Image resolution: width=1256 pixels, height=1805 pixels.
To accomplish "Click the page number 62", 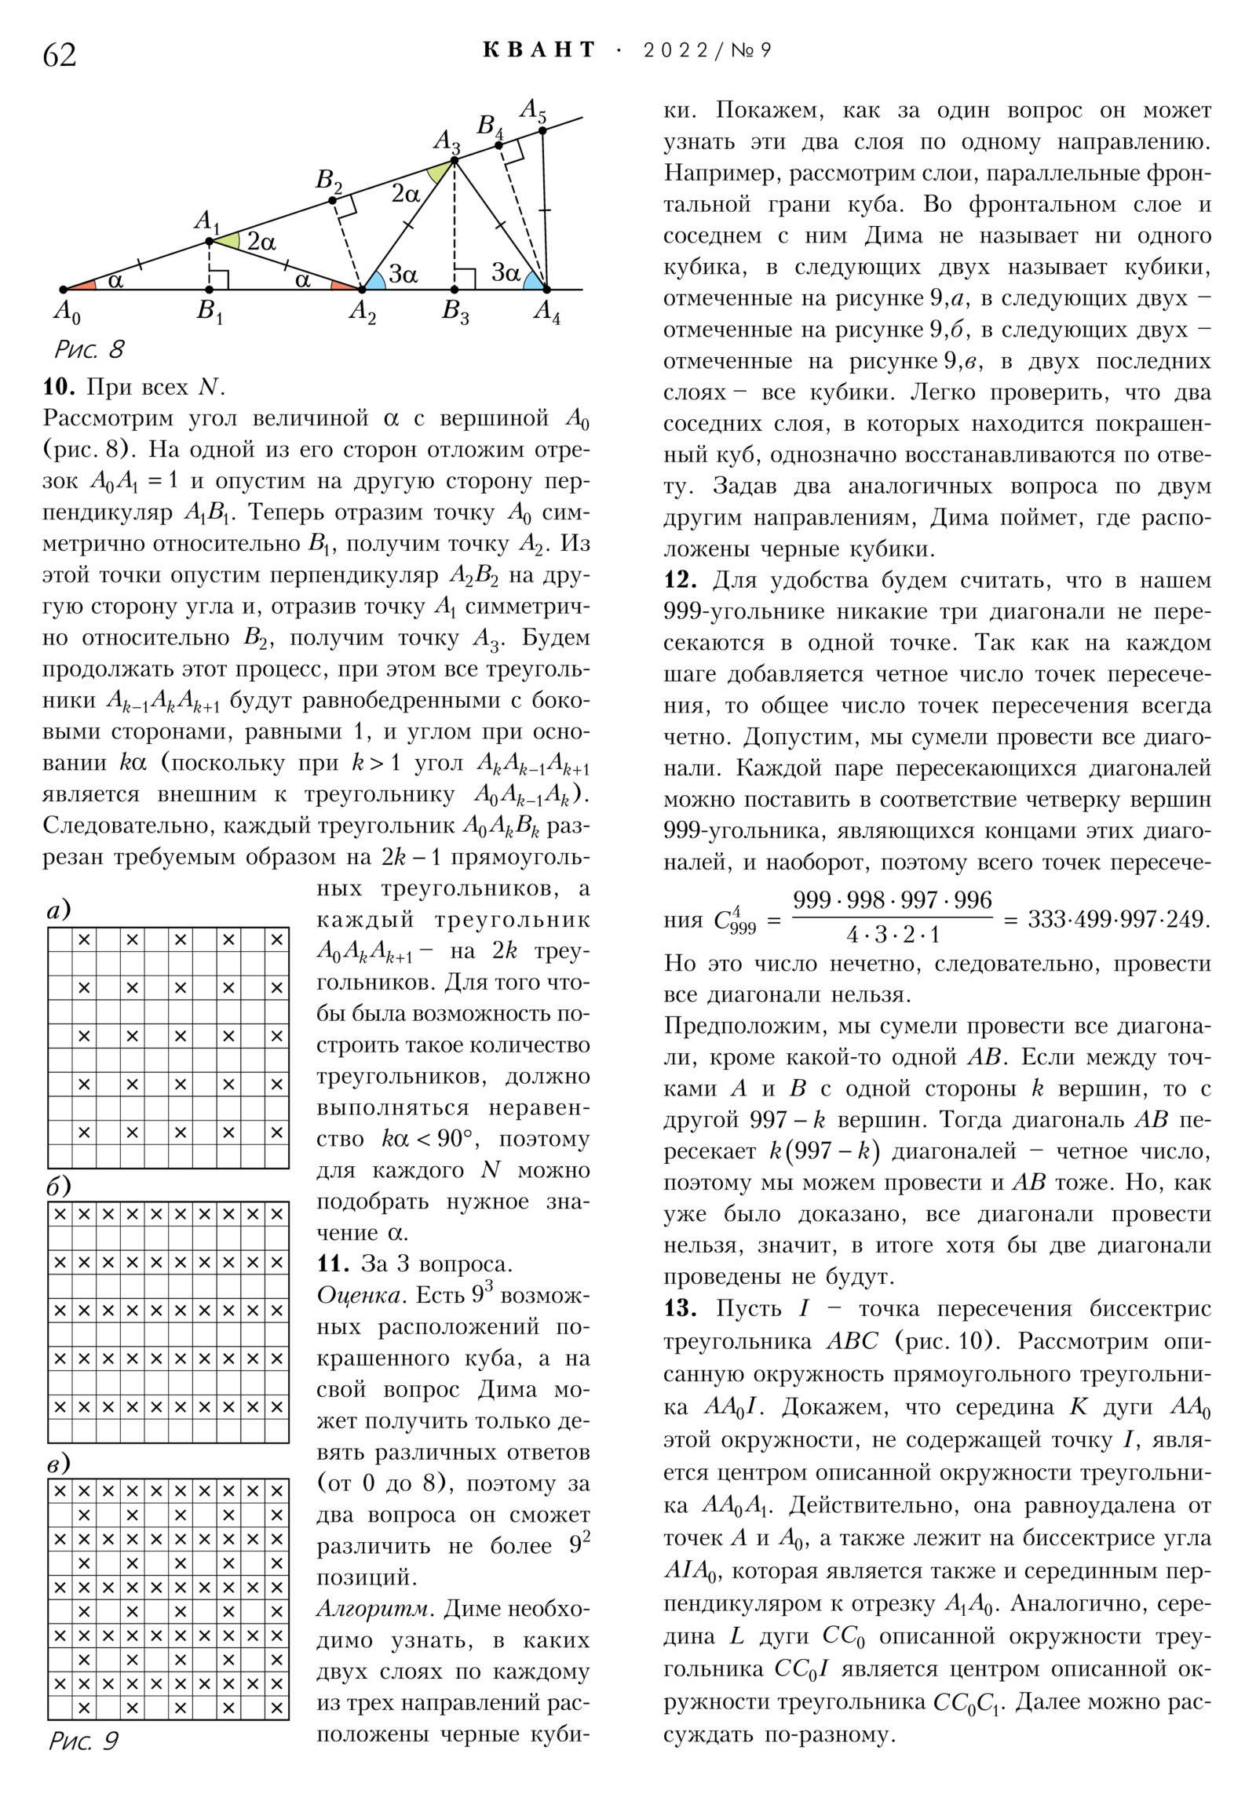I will point(60,55).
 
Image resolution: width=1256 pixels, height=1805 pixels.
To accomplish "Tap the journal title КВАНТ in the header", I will point(539,50).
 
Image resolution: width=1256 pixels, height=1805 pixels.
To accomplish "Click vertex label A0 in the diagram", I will point(66,312).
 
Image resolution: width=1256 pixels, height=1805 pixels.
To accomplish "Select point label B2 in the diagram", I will point(329,180).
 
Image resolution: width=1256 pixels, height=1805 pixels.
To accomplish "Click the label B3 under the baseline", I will point(455,312).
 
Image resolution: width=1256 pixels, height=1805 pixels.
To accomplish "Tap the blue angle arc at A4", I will point(535,281).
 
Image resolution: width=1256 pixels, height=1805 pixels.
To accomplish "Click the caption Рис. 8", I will point(89,349).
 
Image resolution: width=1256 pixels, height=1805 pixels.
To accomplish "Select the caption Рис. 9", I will point(83,1741).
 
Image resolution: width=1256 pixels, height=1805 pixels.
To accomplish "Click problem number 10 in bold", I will point(58,387).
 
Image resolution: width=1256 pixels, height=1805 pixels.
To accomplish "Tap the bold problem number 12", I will point(680,580).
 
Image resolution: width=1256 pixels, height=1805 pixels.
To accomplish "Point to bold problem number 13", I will point(680,1308).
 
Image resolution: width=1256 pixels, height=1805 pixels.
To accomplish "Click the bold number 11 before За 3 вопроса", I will point(333,1263).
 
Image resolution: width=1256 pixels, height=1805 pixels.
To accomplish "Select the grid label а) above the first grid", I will point(59,910).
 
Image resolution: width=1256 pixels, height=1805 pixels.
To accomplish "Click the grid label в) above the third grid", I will point(59,1463).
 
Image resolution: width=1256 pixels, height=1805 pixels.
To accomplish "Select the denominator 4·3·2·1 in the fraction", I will point(893,935).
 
